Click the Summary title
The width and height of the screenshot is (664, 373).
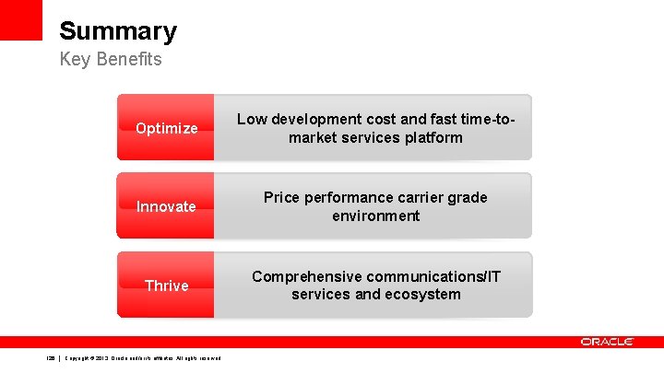[x=118, y=31]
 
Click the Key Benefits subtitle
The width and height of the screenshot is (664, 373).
[x=111, y=60]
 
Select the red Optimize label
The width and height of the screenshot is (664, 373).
[x=166, y=128]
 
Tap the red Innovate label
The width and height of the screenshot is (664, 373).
[x=166, y=206]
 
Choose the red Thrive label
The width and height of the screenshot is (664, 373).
[x=166, y=286]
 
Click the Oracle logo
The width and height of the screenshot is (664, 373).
[x=607, y=342]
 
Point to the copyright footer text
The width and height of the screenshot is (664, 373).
[x=143, y=357]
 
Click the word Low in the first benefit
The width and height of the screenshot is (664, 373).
[x=250, y=119]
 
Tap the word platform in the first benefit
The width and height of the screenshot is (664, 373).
[x=431, y=137]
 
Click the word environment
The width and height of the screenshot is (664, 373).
[x=375, y=216]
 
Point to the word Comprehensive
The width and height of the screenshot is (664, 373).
[x=306, y=276]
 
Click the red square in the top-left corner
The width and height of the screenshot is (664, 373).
[x=20, y=19]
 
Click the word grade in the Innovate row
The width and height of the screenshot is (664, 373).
[x=470, y=197]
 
